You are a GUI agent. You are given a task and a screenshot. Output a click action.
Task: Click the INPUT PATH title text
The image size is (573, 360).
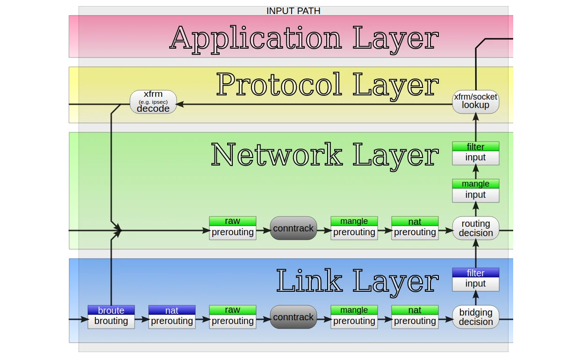click(x=293, y=11)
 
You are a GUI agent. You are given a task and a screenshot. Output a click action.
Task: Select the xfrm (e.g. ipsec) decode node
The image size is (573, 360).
click(x=153, y=102)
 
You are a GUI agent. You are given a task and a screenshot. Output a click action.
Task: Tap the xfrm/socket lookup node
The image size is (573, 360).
click(x=475, y=102)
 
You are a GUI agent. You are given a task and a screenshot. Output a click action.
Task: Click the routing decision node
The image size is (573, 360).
click(x=475, y=228)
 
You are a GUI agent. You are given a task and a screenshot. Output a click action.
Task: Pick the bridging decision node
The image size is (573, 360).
click(x=475, y=317)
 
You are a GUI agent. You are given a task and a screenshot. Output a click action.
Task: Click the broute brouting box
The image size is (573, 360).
click(x=111, y=317)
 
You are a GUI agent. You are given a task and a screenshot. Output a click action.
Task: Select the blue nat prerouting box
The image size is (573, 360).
click(x=172, y=317)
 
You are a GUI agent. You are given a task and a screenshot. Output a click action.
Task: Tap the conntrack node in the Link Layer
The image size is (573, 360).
click(x=294, y=317)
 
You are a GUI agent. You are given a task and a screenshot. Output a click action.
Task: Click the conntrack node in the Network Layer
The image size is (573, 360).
click(x=294, y=228)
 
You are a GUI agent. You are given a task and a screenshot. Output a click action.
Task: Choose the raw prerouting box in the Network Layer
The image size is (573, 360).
click(x=233, y=228)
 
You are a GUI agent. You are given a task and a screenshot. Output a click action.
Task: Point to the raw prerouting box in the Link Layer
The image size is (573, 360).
click(x=233, y=317)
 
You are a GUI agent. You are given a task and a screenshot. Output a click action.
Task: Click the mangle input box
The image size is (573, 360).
click(x=475, y=191)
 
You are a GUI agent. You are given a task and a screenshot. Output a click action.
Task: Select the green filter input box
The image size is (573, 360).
click(x=475, y=153)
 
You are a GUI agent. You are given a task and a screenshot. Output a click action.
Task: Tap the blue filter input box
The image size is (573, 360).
click(x=475, y=280)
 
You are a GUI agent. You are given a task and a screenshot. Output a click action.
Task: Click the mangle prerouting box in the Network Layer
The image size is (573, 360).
click(x=354, y=228)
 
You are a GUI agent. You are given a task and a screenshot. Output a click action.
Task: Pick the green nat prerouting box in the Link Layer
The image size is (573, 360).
click(x=415, y=317)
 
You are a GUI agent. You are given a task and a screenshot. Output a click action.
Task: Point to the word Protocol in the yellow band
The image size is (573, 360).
click(x=279, y=84)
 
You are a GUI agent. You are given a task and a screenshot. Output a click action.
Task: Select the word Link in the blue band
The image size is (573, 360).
click(x=309, y=280)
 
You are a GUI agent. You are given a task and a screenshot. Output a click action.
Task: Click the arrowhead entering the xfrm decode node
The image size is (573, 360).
click(x=180, y=104)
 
